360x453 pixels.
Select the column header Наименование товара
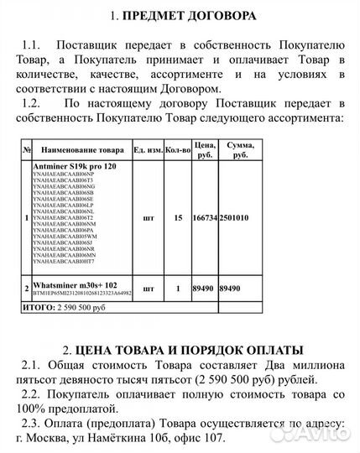click(80, 149)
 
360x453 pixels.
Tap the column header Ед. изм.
click(149, 149)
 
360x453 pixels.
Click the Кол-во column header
click(178, 149)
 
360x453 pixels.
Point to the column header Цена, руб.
click(205, 149)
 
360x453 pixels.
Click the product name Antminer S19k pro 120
click(76, 168)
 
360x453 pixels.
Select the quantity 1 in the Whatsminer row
click(178, 289)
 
